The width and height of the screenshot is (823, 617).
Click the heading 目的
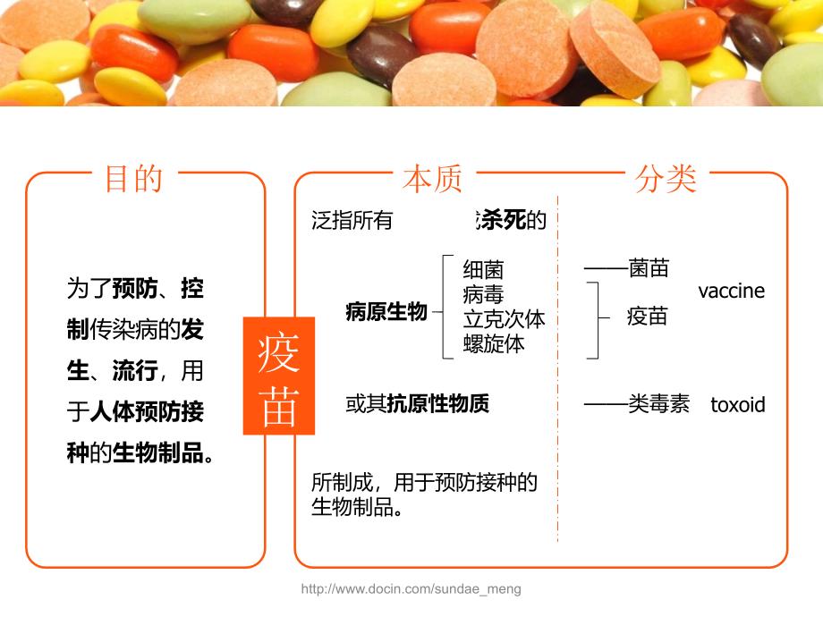[x=134, y=179]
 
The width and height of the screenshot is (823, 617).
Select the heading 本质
[x=432, y=179]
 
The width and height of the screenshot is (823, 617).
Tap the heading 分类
[x=666, y=179]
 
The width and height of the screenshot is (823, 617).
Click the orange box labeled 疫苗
[x=279, y=376]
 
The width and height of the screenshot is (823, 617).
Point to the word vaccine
[x=731, y=291]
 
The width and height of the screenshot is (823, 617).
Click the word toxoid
[x=737, y=404]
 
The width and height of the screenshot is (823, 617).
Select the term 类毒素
[x=658, y=404]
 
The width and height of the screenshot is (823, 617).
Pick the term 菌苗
[x=649, y=268]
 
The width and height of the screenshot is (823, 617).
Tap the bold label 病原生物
[x=386, y=312]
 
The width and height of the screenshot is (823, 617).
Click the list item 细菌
[x=483, y=270]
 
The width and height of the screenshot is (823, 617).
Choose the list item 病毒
[x=483, y=294]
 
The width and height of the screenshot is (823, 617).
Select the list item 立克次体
[x=504, y=319]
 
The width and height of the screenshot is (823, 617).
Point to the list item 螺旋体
[x=494, y=343]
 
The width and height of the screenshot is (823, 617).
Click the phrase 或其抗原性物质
[x=417, y=403]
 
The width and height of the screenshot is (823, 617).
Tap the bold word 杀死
[x=501, y=220]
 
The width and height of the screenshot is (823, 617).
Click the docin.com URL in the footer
[x=411, y=588]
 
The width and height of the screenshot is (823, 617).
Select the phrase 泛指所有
[x=352, y=220]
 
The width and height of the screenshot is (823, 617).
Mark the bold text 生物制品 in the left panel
[x=158, y=452]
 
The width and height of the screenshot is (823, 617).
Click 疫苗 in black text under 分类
[x=647, y=317]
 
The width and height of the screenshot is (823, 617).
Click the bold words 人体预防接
[x=147, y=412]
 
